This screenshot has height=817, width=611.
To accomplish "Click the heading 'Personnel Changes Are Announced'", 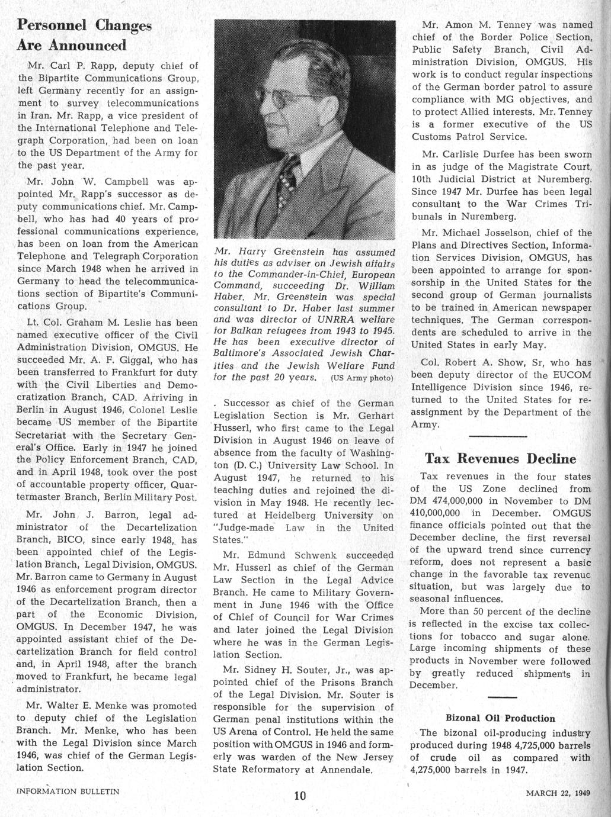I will (x=84, y=35).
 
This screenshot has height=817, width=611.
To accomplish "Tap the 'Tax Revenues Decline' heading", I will (x=500, y=459).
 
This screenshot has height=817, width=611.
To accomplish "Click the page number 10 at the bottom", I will (x=300, y=796).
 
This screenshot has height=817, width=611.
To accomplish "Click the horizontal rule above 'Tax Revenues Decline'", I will (x=497, y=437).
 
